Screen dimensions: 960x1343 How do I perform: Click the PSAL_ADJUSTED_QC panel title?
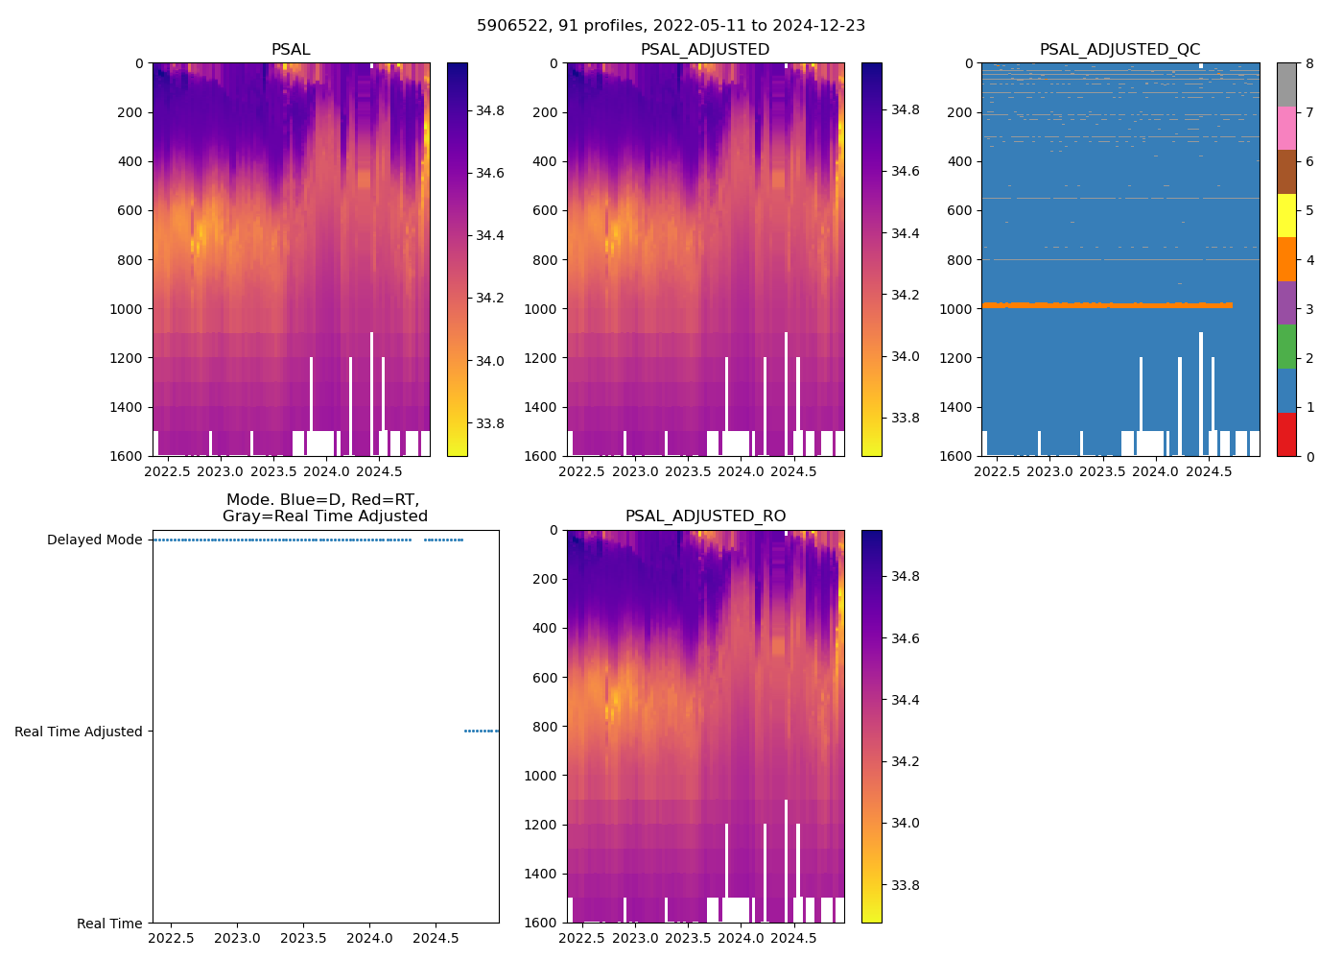(x=1119, y=49)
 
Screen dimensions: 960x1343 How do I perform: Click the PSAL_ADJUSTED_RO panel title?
(x=705, y=516)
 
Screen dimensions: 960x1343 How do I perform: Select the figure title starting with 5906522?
(x=671, y=26)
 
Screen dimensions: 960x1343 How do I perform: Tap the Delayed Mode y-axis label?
(x=94, y=540)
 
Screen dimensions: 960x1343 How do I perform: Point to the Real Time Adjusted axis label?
(x=78, y=732)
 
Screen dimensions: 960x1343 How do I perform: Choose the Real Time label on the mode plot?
(x=109, y=924)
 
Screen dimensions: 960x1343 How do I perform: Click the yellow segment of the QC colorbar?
(x=1286, y=215)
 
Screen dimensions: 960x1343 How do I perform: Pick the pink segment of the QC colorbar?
(x=1286, y=128)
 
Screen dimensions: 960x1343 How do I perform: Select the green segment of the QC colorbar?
(x=1286, y=347)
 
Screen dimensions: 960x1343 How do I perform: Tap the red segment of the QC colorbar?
(x=1286, y=434)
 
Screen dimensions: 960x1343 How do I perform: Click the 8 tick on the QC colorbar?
(x=1308, y=63)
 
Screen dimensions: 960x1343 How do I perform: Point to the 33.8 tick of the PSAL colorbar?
(x=490, y=423)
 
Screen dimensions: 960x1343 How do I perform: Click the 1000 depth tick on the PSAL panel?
(x=130, y=309)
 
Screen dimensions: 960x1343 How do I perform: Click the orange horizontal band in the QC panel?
(x=1103, y=305)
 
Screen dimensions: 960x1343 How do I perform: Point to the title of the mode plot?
(x=324, y=508)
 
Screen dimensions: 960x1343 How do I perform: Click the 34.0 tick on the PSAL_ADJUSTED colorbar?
(x=905, y=356)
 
